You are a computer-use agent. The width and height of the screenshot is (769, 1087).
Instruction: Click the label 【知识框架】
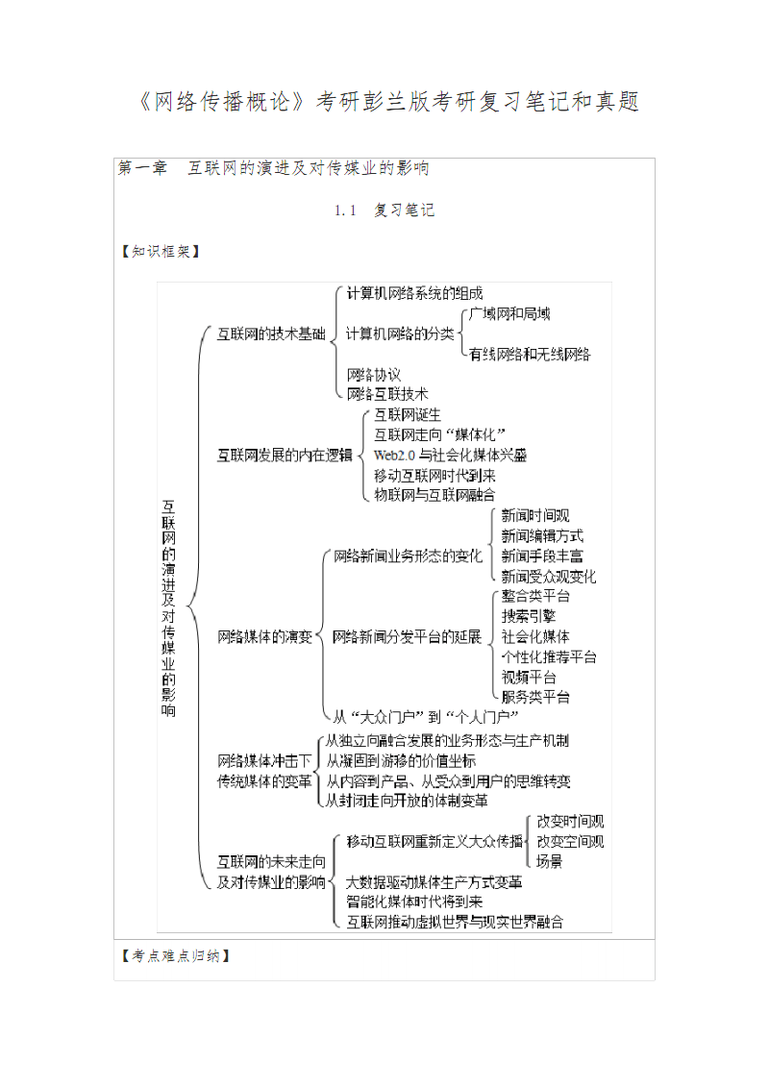(158, 252)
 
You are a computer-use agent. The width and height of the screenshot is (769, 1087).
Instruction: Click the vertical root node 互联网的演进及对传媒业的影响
(169, 607)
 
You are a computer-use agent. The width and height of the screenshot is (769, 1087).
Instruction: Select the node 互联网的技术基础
(270, 334)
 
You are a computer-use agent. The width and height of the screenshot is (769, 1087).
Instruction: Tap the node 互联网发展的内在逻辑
(284, 455)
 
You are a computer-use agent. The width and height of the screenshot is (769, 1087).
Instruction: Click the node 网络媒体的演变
(264, 636)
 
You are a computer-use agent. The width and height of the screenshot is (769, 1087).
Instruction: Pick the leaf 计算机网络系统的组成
(414, 293)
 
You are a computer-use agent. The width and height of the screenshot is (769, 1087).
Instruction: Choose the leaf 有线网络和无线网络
(529, 354)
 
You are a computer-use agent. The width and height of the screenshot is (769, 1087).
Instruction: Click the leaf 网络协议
(374, 374)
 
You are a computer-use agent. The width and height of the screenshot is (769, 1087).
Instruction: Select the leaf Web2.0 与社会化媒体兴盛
(450, 455)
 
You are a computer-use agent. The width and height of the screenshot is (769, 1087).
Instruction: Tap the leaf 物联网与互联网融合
(434, 495)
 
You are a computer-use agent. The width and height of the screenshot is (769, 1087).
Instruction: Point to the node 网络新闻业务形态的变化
(408, 556)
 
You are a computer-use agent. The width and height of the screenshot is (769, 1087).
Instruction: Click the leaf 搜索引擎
(528, 616)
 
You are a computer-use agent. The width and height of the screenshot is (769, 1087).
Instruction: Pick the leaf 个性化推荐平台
(549, 656)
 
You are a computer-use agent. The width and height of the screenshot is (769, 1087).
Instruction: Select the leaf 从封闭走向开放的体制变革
(407, 800)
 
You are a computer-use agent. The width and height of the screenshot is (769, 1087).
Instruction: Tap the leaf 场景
(550, 861)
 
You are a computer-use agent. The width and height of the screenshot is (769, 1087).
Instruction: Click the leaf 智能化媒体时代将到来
(414, 902)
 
